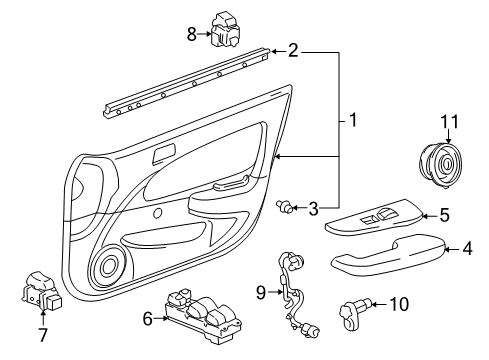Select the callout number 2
click(292, 50)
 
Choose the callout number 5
click(445, 213)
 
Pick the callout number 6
click(148, 319)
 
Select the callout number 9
click(260, 292)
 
